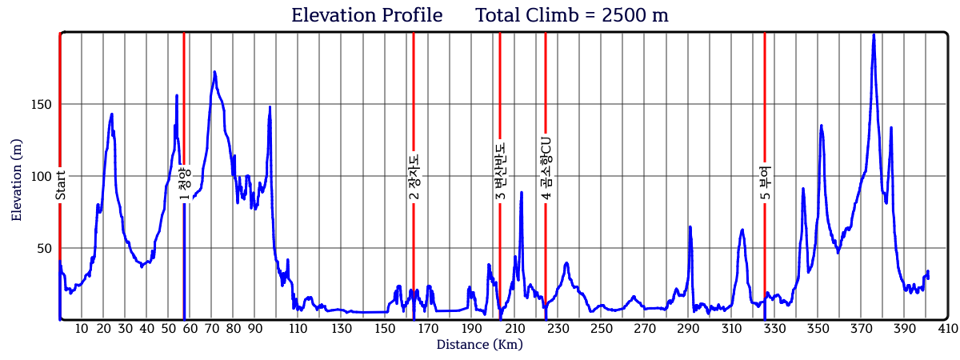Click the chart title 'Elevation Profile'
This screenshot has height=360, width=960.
pyautogui.click(x=366, y=15)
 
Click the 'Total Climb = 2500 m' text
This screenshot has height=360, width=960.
pyautogui.click(x=571, y=15)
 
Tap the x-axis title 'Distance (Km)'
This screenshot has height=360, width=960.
pyautogui.click(x=479, y=345)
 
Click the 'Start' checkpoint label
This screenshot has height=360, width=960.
pyautogui.click(x=60, y=186)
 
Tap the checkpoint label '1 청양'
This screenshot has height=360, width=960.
pyautogui.click(x=184, y=185)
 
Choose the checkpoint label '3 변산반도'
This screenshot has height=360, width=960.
pyautogui.click(x=500, y=171)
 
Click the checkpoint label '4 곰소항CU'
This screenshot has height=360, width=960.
pyautogui.click(x=546, y=167)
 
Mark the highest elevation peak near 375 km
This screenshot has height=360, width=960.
pyautogui.click(x=874, y=34)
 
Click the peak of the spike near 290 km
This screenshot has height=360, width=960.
pyautogui.click(x=690, y=226)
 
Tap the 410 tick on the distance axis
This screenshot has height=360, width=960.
pyautogui.click(x=948, y=329)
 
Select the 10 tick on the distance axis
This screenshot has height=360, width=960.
pyautogui.click(x=82, y=329)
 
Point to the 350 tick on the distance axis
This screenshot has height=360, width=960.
pyautogui.click(x=818, y=329)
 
